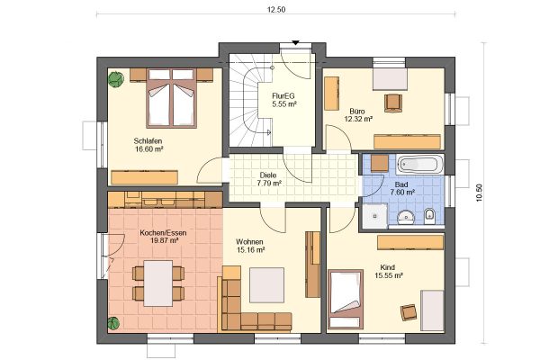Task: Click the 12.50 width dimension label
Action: click(276, 10)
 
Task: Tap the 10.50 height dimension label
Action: click(479, 193)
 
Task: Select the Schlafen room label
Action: click(148, 141)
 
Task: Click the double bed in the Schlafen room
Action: click(171, 98)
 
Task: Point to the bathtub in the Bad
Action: click(419, 165)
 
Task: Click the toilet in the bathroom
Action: click(429, 216)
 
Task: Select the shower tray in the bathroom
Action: click(374, 216)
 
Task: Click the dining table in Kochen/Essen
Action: click(158, 283)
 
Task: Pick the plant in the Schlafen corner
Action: click(116, 79)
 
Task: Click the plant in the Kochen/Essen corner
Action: click(113, 323)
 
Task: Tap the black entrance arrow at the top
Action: click(295, 42)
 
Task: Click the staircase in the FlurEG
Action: click(249, 104)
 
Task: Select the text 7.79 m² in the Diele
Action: click(269, 184)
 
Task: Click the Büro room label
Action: click(357, 112)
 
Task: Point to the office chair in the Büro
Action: click(393, 103)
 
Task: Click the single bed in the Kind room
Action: click(346, 299)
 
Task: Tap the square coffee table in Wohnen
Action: click(267, 285)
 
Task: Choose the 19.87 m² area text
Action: click(164, 240)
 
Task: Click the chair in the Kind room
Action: click(409, 312)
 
